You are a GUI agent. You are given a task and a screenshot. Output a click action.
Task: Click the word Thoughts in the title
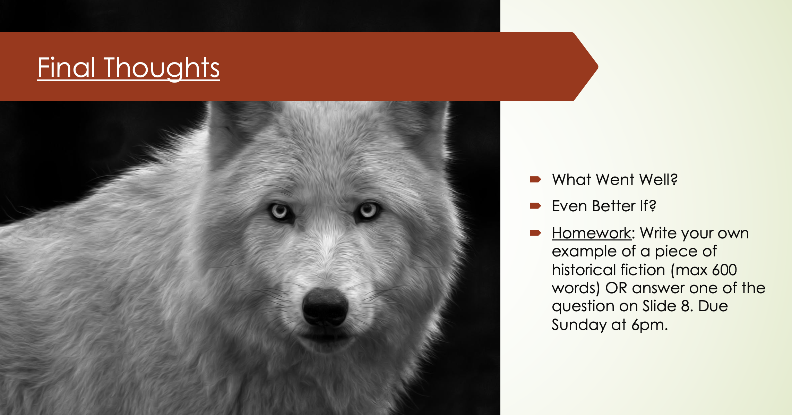162,69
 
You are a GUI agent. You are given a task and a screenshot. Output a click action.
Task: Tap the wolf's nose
325,307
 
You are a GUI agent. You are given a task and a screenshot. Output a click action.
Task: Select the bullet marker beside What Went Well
535,179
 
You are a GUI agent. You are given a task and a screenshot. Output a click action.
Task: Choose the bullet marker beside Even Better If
535,206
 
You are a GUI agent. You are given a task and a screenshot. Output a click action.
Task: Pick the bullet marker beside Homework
535,233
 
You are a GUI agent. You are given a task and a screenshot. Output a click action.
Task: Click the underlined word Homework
592,233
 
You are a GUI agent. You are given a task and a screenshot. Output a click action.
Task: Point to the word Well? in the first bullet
658,179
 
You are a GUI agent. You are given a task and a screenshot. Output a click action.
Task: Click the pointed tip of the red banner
598,67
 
